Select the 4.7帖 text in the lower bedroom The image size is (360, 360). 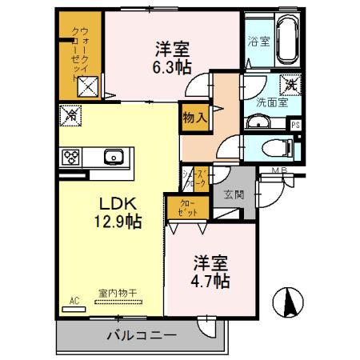tap(210, 282)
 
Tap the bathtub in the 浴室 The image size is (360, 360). tap(286, 39)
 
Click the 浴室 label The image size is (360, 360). tap(258, 40)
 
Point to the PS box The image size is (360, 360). tap(295, 125)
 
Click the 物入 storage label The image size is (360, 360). tap(195, 117)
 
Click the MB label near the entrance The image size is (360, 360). tap(279, 170)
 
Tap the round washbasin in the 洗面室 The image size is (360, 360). tap(255, 122)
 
